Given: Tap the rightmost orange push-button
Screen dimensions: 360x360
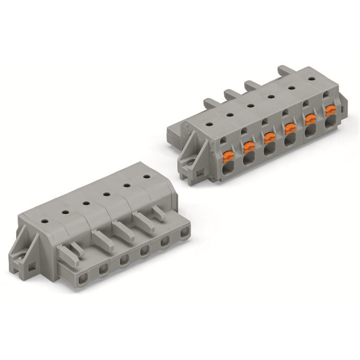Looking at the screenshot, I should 330,110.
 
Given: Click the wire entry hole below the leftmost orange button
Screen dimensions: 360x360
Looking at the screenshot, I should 228,170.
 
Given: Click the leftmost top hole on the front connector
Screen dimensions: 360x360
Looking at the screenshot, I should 65,211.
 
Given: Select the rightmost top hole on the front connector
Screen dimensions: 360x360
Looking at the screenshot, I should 146,177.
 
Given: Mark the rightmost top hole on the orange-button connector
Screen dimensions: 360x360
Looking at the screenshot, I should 311,79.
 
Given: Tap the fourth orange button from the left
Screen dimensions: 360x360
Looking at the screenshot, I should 290,129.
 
